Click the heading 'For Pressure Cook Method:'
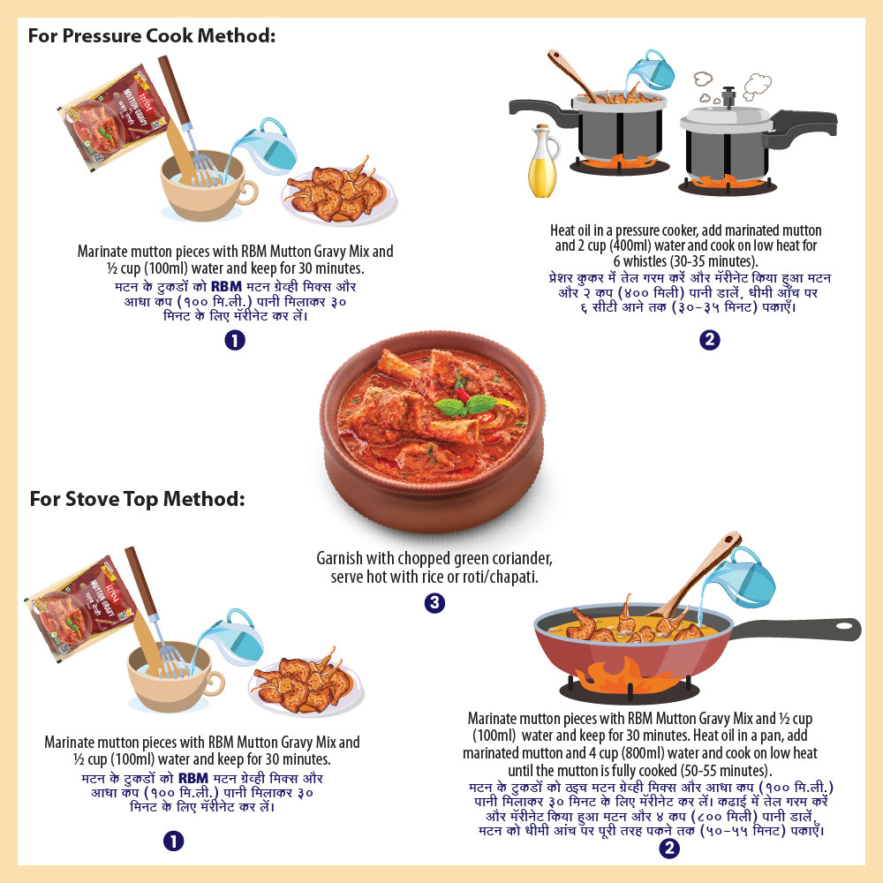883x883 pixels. pos(152,36)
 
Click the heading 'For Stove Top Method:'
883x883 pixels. pos(138,499)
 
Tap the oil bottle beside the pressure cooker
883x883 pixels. pos(543,162)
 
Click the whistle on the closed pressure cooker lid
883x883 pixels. pos(728,97)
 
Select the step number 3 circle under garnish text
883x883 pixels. pos(434,603)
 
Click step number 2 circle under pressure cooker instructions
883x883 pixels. pos(710,340)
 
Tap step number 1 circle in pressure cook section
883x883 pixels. pos(235,340)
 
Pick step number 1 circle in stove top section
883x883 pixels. pos(173,841)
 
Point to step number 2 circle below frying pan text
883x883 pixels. pos(669,848)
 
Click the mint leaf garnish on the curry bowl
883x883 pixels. pos(467,405)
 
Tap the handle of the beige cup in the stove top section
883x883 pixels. pos(216,683)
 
